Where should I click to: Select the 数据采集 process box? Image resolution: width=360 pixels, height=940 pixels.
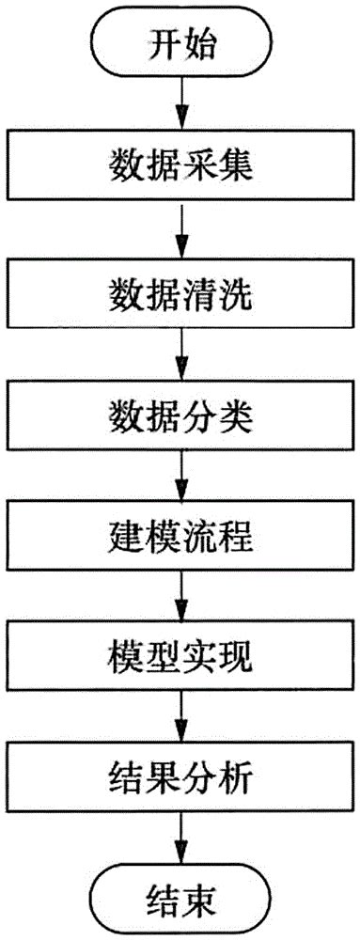(x=180, y=168)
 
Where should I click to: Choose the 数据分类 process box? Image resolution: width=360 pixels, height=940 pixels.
(x=180, y=413)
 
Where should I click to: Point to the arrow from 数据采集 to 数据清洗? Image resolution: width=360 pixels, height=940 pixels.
(x=180, y=228)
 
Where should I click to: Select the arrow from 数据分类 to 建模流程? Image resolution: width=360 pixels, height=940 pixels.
(x=180, y=475)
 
